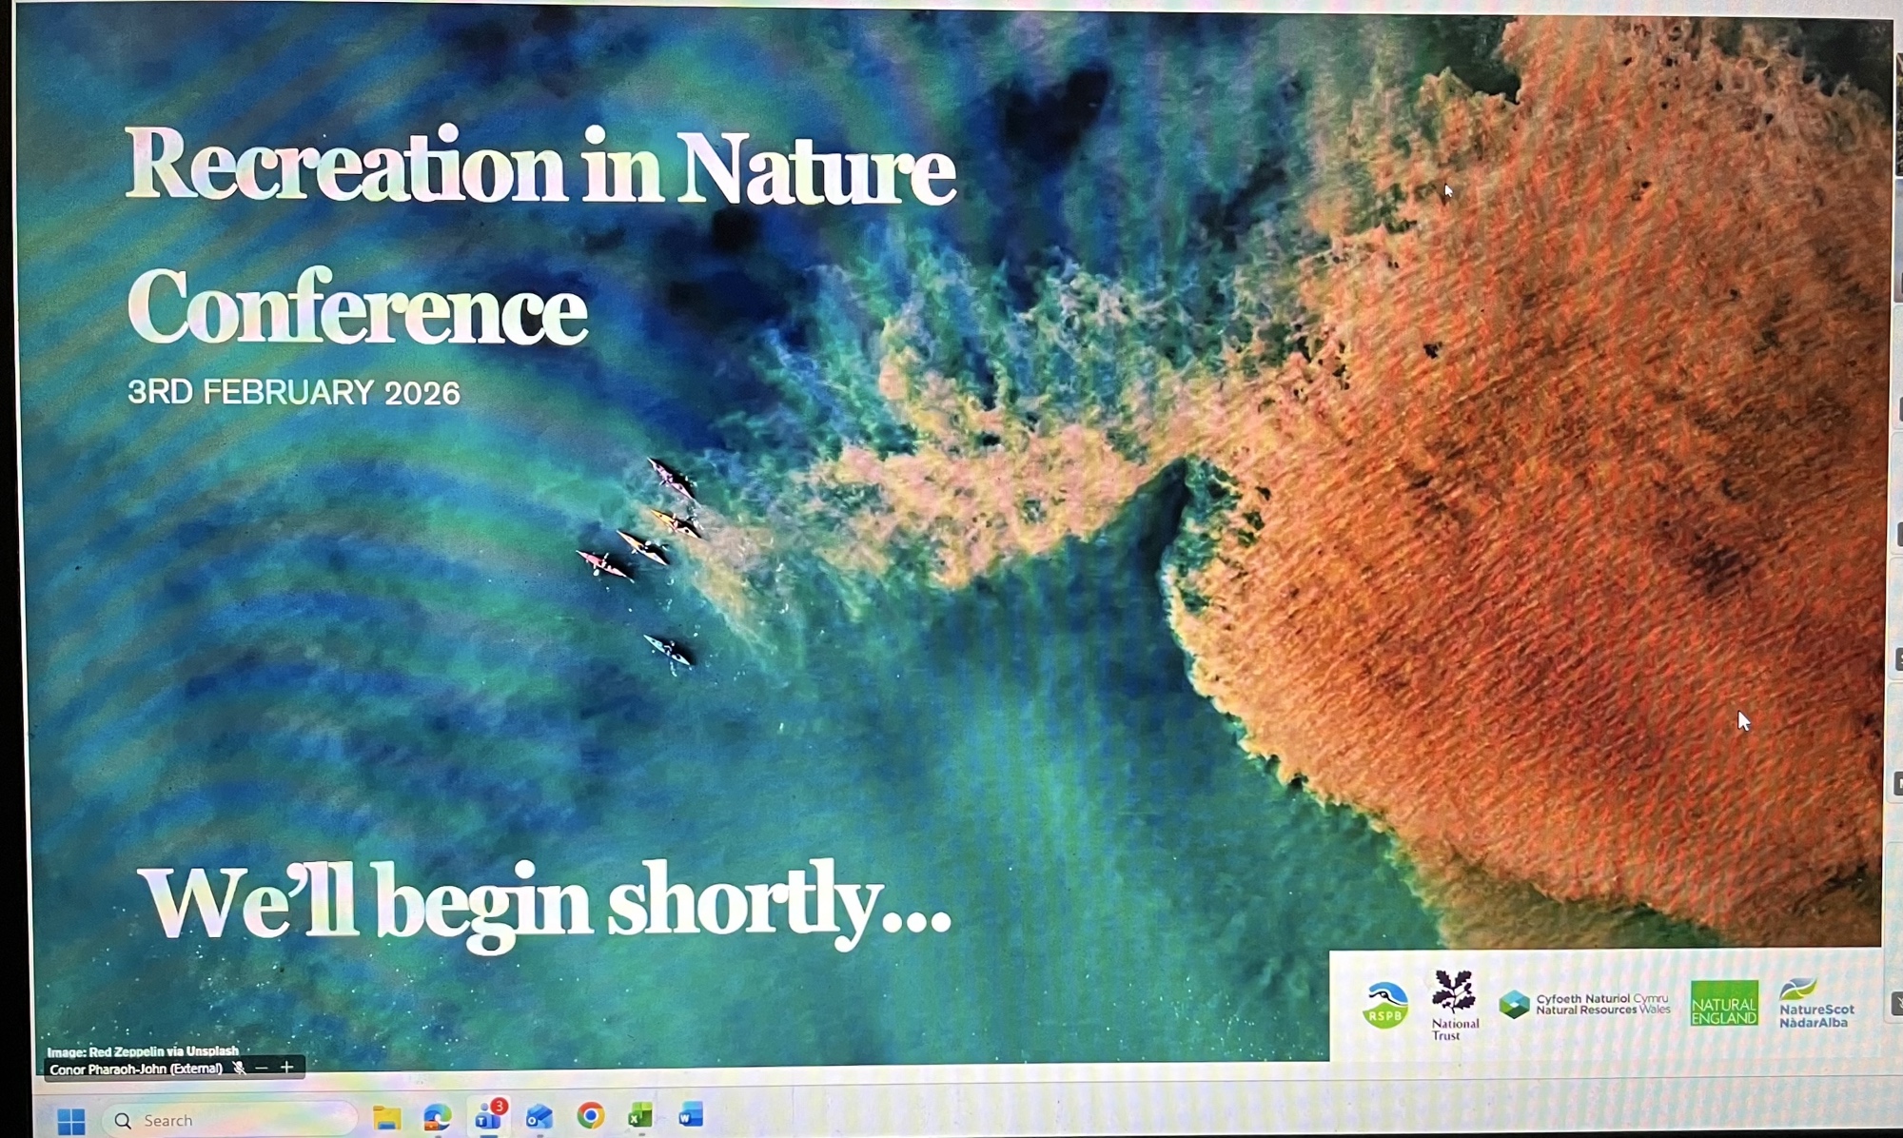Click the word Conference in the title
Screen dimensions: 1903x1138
tap(358, 306)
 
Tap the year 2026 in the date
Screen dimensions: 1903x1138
tap(422, 393)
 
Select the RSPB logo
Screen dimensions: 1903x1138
tap(1385, 1006)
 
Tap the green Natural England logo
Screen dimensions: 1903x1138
tap(1724, 1004)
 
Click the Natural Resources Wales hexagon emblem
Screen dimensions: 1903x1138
tap(1514, 1004)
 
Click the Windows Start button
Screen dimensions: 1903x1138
tap(70, 1121)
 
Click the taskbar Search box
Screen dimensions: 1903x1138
tap(229, 1120)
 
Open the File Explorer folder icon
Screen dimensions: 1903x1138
tap(386, 1118)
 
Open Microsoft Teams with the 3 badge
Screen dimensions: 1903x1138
tap(490, 1115)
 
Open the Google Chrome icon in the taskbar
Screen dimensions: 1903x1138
tap(591, 1115)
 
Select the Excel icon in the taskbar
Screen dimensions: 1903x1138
tap(640, 1115)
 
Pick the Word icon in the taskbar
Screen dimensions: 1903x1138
tap(691, 1114)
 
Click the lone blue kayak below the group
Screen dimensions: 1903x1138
tap(668, 650)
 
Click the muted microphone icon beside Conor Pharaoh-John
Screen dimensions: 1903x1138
tap(239, 1069)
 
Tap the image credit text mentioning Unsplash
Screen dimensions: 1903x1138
tap(143, 1051)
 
